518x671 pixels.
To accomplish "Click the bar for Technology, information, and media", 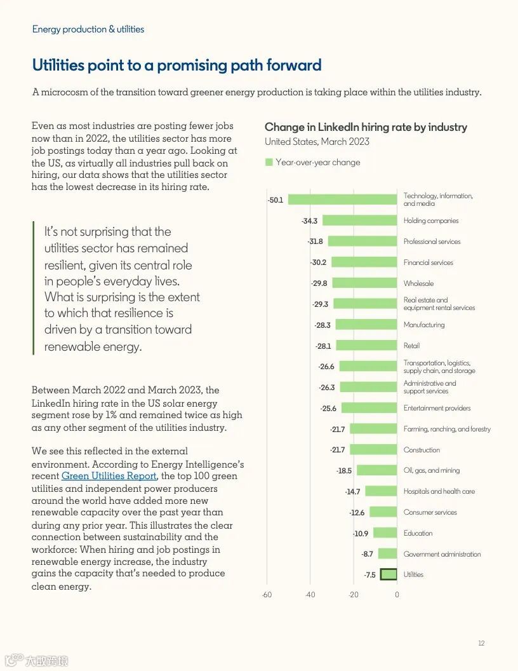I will click(343, 200).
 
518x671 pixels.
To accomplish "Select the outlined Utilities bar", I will click(388, 574).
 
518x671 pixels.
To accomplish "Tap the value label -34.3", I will click(309, 221).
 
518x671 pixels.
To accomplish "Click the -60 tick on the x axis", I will click(267, 595).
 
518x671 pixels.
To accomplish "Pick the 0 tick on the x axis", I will click(397, 595).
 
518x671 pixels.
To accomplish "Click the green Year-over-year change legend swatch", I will click(269, 162).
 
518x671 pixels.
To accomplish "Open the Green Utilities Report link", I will click(109, 476).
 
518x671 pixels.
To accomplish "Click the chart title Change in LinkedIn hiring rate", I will click(366, 127).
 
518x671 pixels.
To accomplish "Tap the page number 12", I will click(481, 644).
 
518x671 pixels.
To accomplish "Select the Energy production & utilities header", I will click(88, 29).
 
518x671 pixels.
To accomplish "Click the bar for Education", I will click(385, 533).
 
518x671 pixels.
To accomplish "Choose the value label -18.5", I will click(343, 471).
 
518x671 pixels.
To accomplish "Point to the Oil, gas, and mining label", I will click(432, 470).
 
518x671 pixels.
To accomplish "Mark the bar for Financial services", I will click(364, 262).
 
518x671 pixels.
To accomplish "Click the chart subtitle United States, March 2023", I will click(317, 142).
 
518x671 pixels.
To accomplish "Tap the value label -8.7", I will click(367, 554).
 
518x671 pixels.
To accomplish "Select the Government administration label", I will click(442, 554).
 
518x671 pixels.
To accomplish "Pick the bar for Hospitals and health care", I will click(381, 491).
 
